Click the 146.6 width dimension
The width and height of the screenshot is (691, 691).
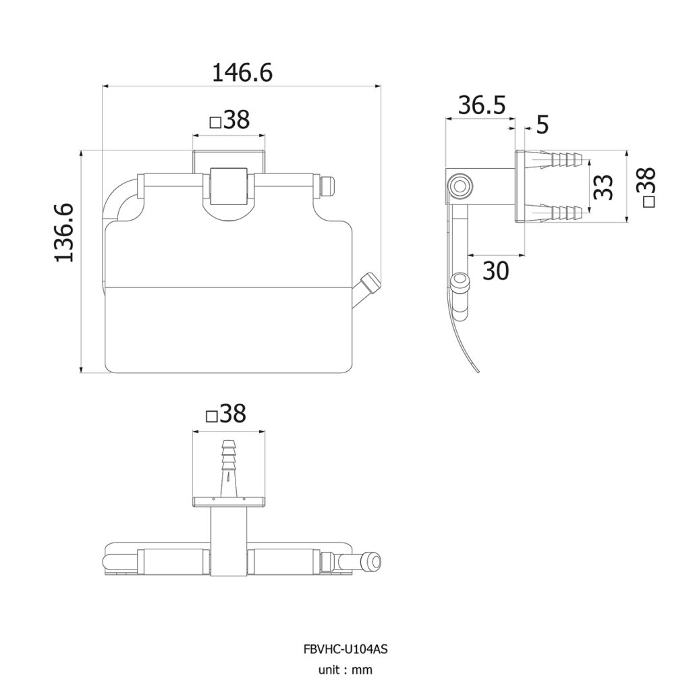point(242,73)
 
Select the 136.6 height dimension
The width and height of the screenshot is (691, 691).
point(64,233)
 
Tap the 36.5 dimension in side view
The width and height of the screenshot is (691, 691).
point(482,105)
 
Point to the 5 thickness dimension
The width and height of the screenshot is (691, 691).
point(543,125)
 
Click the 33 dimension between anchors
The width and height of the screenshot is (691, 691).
point(603,188)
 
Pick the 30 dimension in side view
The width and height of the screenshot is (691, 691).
point(496,271)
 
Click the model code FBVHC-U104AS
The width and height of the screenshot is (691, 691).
point(345,648)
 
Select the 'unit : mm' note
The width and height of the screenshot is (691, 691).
point(345,670)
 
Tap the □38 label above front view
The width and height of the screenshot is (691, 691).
point(229,120)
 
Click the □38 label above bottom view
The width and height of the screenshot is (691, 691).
point(226,414)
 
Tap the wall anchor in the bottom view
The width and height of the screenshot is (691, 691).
point(229,468)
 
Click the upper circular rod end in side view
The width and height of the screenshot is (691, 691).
point(460,186)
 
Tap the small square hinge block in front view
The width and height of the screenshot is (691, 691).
point(228,186)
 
